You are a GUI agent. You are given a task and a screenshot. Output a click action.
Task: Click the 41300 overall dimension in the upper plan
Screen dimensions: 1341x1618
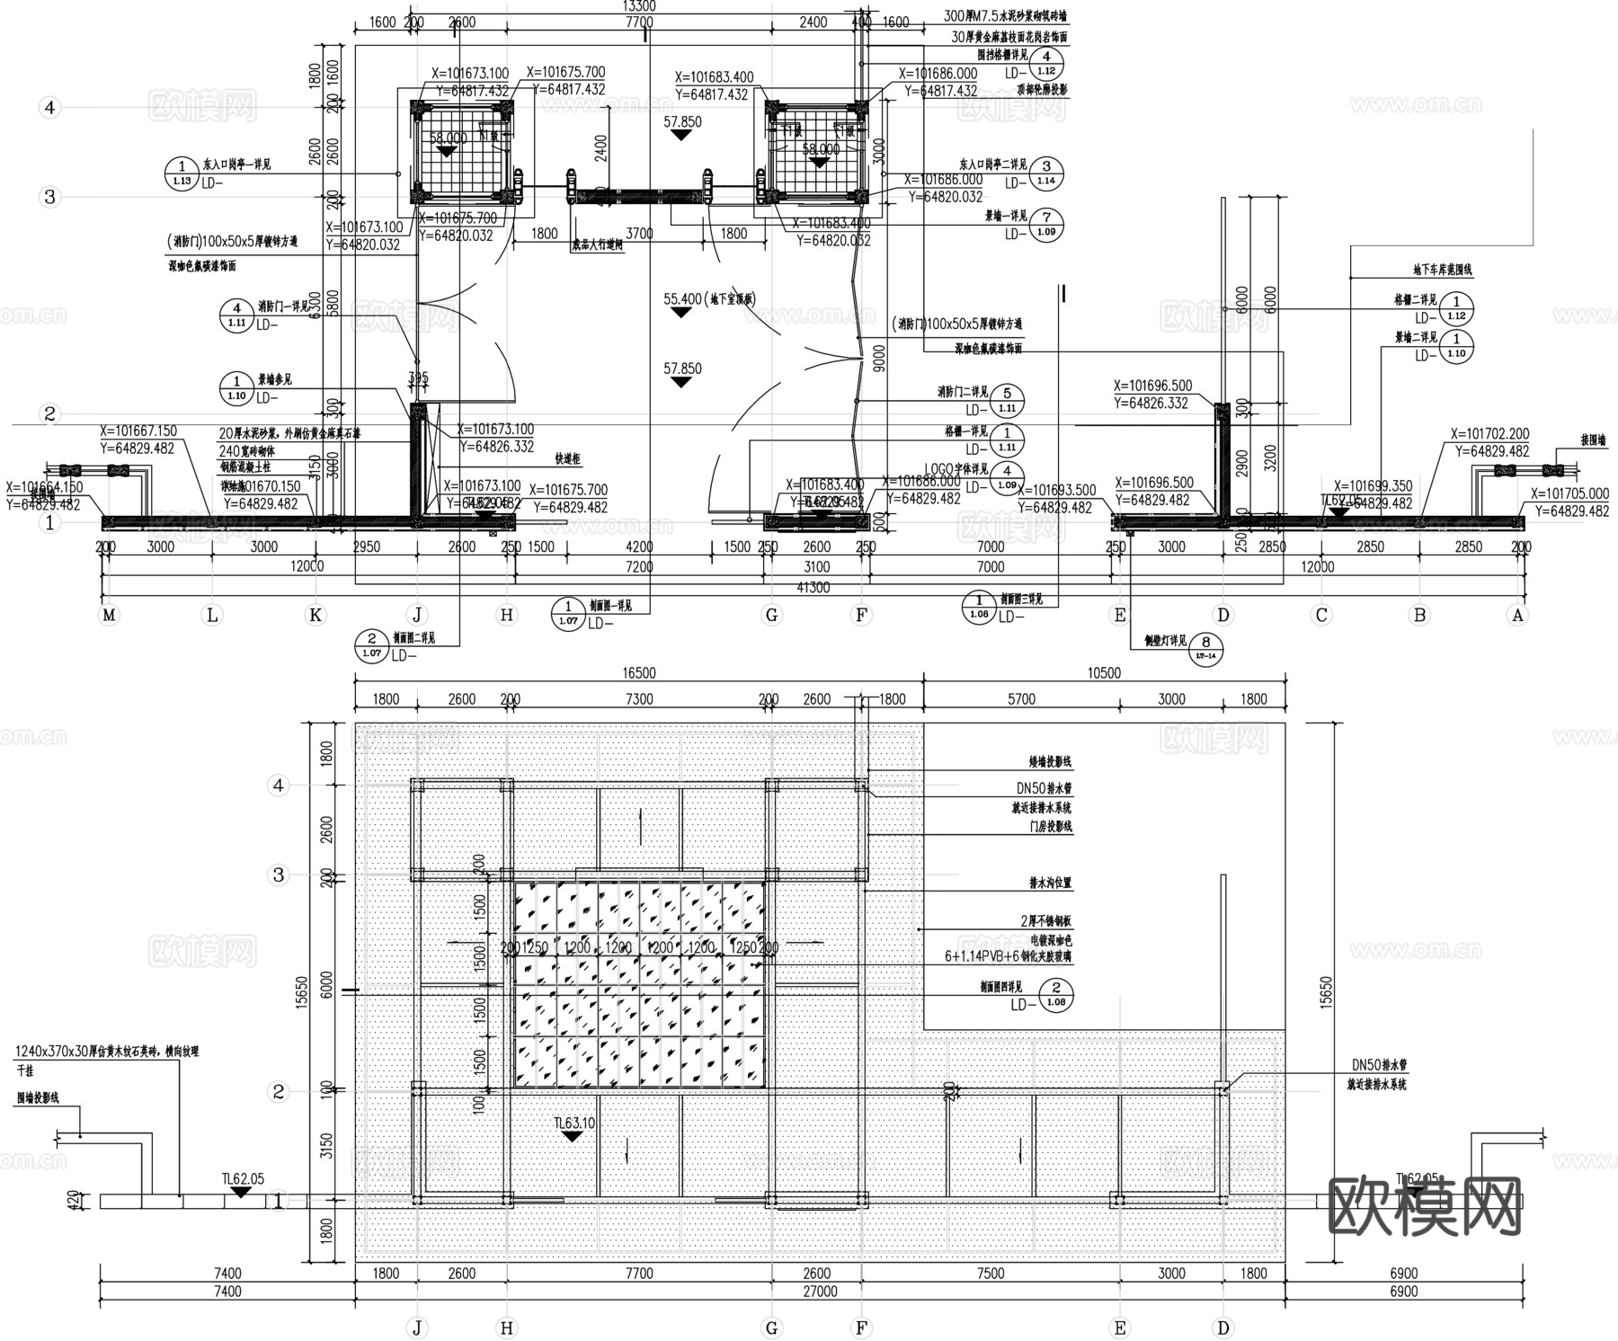point(813,588)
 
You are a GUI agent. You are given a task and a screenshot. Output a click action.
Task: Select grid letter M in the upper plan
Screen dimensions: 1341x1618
point(109,616)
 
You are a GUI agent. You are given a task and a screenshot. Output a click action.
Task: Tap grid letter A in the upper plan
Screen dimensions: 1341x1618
point(1517,616)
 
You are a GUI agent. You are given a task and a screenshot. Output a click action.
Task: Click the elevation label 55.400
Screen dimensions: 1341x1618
point(682,299)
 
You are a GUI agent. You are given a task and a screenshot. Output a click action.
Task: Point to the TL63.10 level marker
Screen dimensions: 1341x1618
point(574,1123)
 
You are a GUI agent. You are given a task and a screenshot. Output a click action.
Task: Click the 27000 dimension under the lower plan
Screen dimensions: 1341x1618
point(819,1292)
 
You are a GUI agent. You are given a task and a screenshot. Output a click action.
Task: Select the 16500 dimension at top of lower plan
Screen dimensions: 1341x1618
point(639,673)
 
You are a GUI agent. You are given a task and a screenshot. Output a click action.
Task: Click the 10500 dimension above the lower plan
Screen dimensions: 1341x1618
point(1104,673)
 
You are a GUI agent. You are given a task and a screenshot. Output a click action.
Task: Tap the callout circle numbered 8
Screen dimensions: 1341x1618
point(1206,643)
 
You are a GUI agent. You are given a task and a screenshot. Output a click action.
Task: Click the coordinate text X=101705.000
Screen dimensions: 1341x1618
point(1569,493)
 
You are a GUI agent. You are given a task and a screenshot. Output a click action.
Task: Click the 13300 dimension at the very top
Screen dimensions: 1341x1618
point(639,6)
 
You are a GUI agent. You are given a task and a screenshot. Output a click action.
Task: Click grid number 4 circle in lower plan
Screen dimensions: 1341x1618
point(279,786)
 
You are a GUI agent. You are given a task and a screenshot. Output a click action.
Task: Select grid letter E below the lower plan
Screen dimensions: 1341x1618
point(1120,1328)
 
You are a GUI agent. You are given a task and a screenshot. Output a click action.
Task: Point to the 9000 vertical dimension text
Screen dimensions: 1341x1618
point(878,358)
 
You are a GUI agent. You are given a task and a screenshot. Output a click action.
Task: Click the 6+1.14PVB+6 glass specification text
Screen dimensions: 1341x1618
point(1007,957)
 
